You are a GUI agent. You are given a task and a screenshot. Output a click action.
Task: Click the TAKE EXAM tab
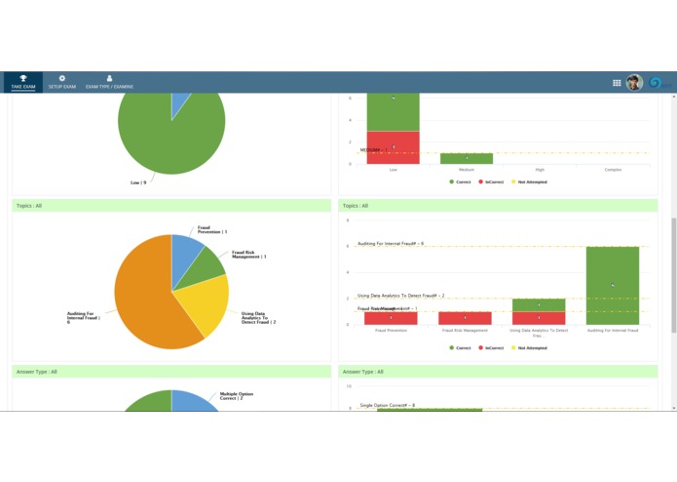(x=22, y=82)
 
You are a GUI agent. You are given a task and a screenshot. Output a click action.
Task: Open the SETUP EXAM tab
(x=61, y=82)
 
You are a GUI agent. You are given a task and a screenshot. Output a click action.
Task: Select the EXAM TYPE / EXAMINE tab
(x=109, y=82)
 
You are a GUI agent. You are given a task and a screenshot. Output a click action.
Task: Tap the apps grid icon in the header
(x=617, y=83)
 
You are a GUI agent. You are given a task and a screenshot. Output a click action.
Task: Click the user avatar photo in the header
(x=634, y=83)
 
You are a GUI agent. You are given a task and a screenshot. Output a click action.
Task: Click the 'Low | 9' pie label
(x=138, y=182)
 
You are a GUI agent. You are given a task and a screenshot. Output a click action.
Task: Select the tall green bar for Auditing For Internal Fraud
(x=612, y=285)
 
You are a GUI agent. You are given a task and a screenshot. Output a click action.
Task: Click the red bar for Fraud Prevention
(x=391, y=318)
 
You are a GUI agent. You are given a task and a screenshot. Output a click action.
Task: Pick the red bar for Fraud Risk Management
(x=465, y=318)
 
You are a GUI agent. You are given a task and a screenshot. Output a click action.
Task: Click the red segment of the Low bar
(x=393, y=147)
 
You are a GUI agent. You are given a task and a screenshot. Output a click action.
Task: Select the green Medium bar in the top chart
(x=466, y=158)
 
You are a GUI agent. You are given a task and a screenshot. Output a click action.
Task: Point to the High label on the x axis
(x=540, y=170)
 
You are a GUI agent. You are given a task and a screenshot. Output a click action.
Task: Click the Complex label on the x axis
(x=612, y=170)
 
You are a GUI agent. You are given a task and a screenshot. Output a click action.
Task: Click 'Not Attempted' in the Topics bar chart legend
(x=530, y=347)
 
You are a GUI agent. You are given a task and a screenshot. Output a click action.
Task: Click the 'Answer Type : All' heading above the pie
(x=37, y=372)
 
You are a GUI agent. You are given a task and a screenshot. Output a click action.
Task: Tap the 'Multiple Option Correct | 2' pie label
(x=238, y=396)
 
